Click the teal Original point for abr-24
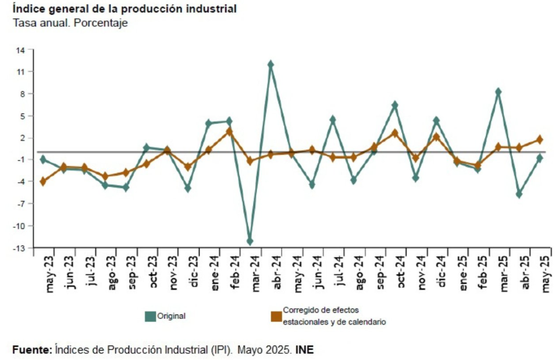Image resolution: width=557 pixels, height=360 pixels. [x=270, y=64]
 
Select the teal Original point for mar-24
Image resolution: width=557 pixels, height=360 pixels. [x=250, y=241]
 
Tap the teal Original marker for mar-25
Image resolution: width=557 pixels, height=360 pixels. [x=498, y=92]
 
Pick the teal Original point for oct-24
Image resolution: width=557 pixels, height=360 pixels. [x=395, y=105]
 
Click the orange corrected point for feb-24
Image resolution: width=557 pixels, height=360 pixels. [x=229, y=132]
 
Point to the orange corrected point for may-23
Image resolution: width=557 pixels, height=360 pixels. [x=43, y=182]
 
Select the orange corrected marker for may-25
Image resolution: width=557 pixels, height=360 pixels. [x=539, y=140]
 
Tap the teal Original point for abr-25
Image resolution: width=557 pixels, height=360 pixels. [x=519, y=194]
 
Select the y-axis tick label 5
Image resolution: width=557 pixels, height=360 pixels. [x=23, y=116]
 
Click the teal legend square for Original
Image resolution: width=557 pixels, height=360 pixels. [x=150, y=316]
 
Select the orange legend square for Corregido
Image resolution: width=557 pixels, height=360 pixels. [x=276, y=316]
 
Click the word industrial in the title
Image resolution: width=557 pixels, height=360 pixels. [x=212, y=9]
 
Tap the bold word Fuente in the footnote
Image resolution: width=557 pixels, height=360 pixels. [x=32, y=350]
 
